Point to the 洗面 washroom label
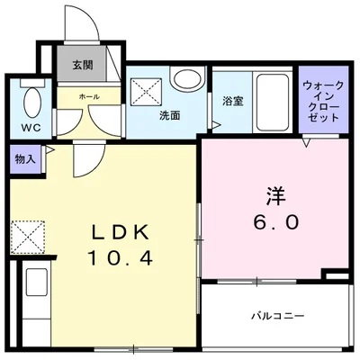pyautogui.click(x=170, y=116)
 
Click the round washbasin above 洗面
pyautogui.click(x=185, y=80)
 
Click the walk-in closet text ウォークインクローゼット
pyautogui.click(x=322, y=102)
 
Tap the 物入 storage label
pyautogui.click(x=24, y=159)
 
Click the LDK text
pyautogui.click(x=120, y=231)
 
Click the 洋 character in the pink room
pyautogui.click(x=275, y=194)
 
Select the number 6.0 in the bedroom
pyautogui.click(x=274, y=221)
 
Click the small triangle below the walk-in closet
pyautogui.click(x=308, y=142)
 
